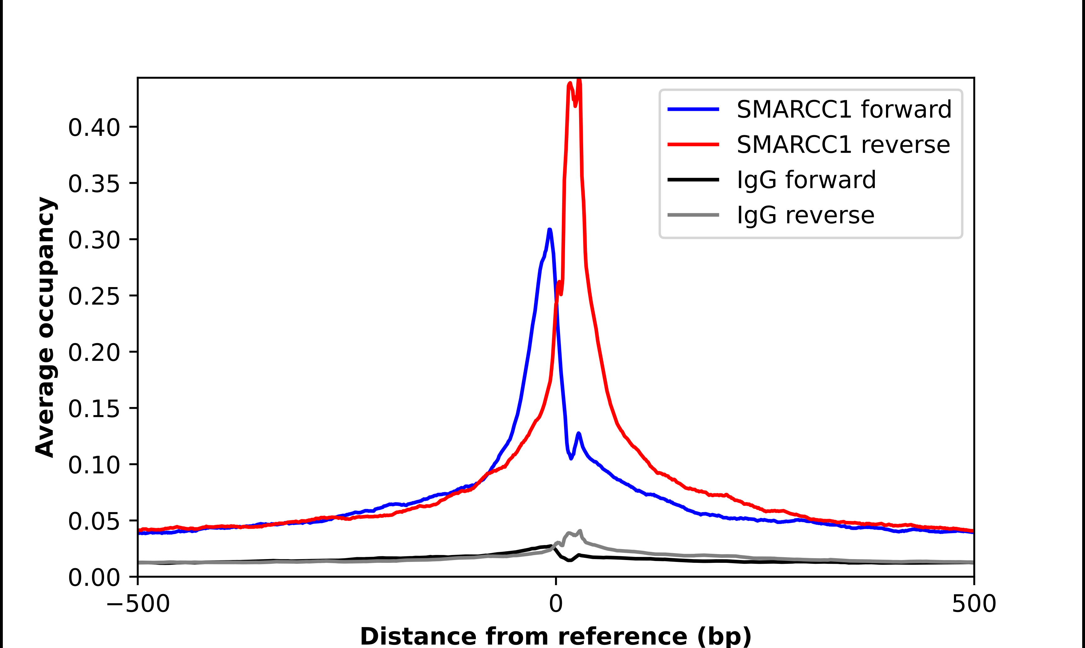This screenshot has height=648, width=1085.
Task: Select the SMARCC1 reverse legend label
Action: (x=843, y=145)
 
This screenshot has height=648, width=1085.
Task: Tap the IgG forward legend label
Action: (x=806, y=180)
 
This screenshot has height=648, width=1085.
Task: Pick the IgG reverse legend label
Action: (x=805, y=215)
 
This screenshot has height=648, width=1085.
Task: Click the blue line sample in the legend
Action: (x=693, y=109)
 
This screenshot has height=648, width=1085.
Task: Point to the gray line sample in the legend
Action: (x=693, y=215)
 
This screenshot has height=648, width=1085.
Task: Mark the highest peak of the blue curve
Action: (x=550, y=230)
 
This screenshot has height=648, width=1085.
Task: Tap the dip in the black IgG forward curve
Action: (x=569, y=560)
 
